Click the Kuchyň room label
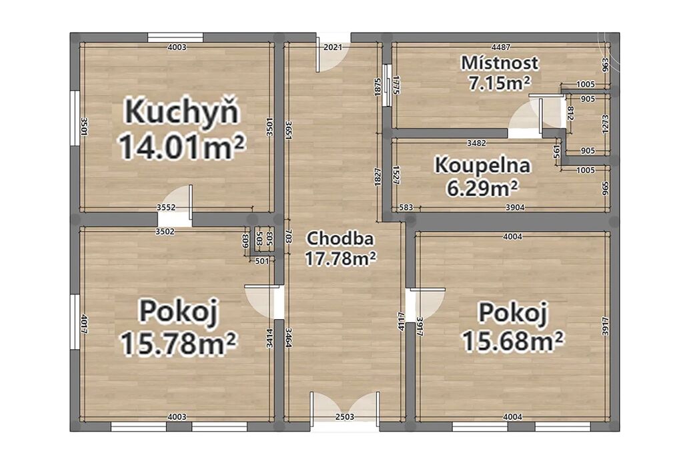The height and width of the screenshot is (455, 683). point(182,111)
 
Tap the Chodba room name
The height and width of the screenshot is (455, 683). point(340,238)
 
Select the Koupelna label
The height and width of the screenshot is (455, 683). point(483,165)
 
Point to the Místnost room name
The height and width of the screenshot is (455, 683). point(500,63)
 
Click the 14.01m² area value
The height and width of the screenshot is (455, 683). point(181,147)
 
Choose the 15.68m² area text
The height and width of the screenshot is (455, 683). point(513,340)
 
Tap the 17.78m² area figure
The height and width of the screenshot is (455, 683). point(340,259)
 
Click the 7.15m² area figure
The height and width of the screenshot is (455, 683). point(499,83)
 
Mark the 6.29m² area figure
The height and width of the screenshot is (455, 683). point(483,189)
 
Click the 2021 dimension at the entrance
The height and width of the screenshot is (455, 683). point(333,47)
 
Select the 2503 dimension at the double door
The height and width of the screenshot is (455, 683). point(346,417)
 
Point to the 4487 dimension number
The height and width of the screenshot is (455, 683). point(500,47)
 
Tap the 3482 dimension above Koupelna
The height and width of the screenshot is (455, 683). point(476,143)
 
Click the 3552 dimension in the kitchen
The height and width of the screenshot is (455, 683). point(166,207)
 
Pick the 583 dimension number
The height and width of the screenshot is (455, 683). point(406,207)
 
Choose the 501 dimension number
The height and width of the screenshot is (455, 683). point(262,261)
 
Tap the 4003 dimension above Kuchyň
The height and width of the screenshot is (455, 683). point(177,47)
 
